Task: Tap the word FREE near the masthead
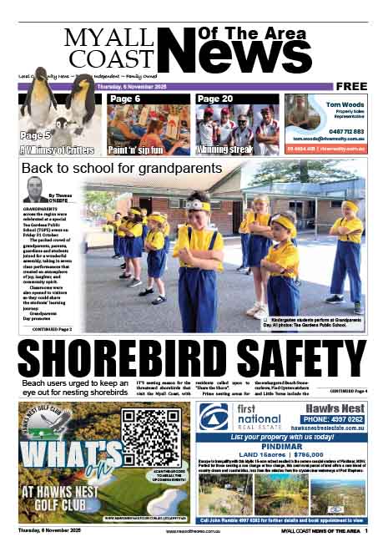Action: coord(352,86)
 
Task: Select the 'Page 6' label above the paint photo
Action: coord(126,99)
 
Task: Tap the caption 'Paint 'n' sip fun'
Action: coord(136,151)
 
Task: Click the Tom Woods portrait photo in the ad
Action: coord(298,111)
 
